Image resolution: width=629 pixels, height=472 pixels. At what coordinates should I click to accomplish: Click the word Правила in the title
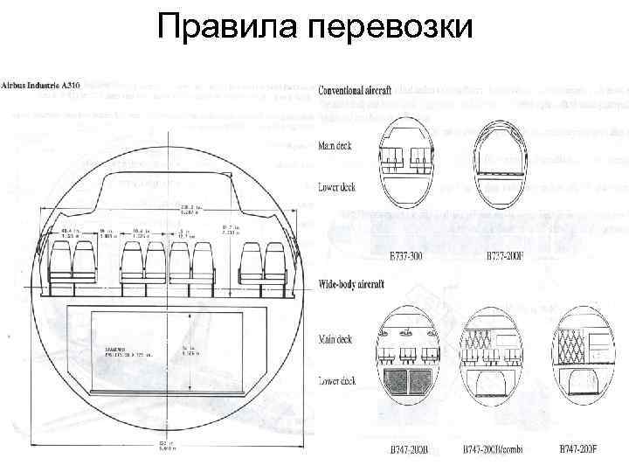pos(228,29)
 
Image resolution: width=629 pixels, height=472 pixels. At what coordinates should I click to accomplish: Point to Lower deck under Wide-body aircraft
pos(337,381)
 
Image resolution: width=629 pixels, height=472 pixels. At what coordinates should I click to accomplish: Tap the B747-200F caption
pos(579,451)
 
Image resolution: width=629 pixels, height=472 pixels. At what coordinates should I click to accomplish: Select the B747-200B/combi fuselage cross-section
pos(494,358)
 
